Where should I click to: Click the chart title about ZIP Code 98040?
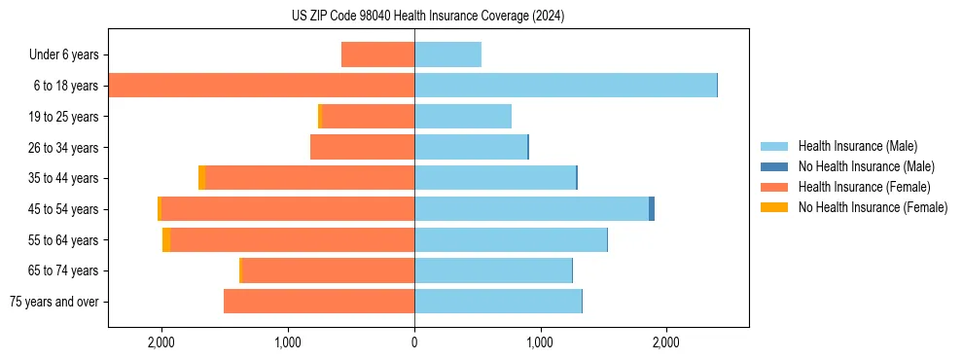point(428,17)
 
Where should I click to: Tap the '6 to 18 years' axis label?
point(65,86)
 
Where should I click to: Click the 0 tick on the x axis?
point(414,342)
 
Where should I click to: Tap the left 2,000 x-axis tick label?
point(160,342)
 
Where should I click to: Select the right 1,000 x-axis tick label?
point(540,342)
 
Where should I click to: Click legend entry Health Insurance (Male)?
point(856,146)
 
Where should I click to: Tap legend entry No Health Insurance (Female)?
point(873,207)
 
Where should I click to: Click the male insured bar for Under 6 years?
point(447,55)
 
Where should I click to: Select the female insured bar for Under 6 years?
point(378,55)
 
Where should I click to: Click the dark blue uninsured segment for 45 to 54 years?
point(652,209)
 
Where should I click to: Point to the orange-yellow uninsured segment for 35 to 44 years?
point(201,178)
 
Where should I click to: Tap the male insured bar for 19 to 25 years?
point(463,117)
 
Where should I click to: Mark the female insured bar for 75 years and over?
point(319,302)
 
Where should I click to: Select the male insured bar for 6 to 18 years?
point(565,86)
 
